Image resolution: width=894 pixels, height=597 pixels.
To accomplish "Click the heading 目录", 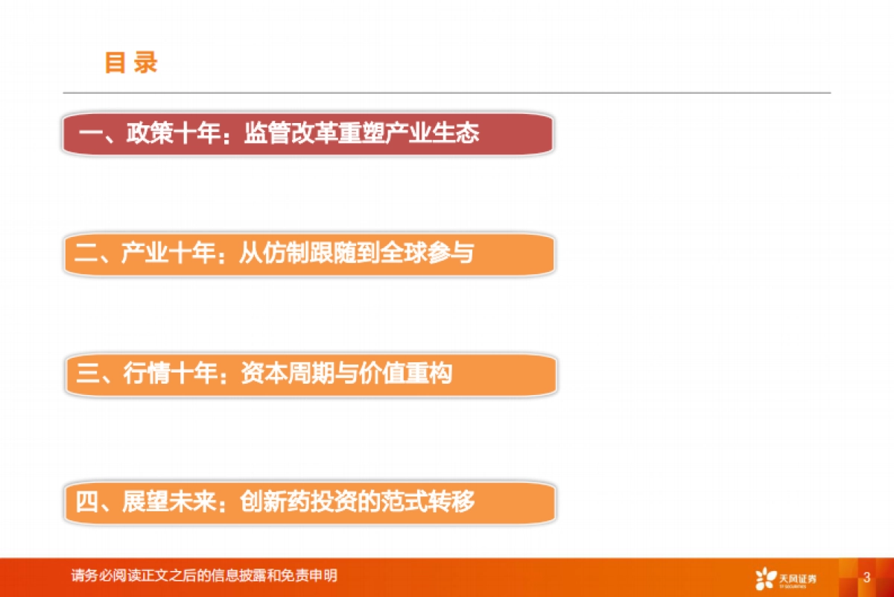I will pos(131,63).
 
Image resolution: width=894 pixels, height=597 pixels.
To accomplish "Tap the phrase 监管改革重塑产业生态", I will pos(361,134).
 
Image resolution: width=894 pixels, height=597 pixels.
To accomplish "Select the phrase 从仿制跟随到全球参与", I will pos(356,254).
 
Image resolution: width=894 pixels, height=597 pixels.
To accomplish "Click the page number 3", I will pos(866,577).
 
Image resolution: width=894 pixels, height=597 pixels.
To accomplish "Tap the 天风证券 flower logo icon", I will pos(764,578).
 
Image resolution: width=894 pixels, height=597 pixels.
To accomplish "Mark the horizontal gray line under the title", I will pos(447,93).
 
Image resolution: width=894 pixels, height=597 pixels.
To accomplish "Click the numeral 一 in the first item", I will pos(90,134).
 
